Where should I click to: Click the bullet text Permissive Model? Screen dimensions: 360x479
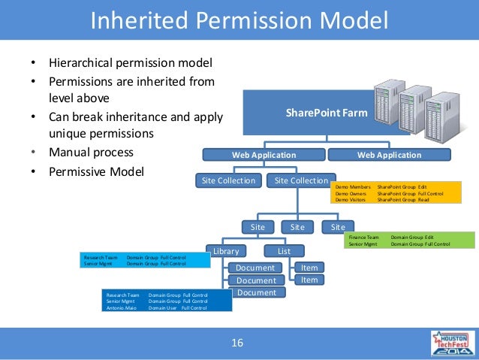point(96,171)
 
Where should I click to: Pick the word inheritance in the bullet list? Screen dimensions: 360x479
point(140,116)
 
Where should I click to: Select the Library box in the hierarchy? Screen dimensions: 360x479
point(225,251)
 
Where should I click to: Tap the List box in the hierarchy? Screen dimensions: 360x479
point(284,251)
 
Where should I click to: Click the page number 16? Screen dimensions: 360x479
point(237,343)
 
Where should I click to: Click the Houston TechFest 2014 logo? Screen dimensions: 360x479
point(452,343)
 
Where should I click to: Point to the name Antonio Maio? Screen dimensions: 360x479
point(120,308)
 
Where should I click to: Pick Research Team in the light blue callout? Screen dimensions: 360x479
point(101,257)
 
